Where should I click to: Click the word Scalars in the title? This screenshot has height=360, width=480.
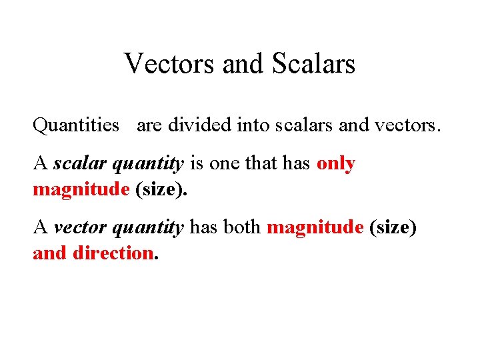(313, 64)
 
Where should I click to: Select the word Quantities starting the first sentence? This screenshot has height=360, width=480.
(76, 125)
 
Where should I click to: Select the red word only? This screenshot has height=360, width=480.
(336, 164)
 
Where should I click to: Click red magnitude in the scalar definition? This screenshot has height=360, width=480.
(81, 189)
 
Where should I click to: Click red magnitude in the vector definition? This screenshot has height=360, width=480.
(315, 228)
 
